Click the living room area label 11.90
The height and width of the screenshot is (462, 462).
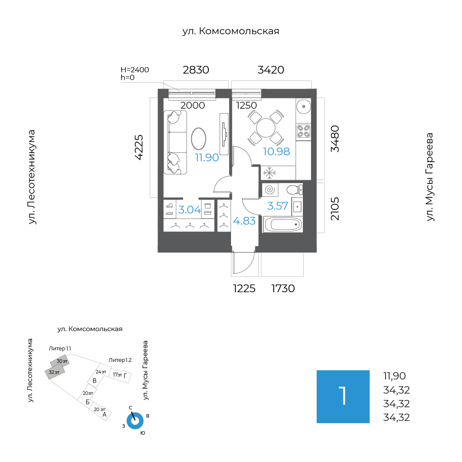click(207, 157)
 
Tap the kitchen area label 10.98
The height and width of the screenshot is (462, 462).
click(276, 151)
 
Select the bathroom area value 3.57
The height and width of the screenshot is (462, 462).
click(277, 206)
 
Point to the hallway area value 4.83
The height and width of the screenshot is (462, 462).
click(244, 221)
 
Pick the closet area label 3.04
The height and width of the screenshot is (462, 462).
click(190, 210)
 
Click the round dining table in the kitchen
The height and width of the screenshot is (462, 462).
click(266, 128)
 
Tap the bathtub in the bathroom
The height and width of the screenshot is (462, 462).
click(283, 225)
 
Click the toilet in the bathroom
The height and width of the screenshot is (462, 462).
click(294, 190)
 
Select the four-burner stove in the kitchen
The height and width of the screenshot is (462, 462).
click(303, 131)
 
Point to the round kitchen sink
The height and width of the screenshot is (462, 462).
click(303, 107)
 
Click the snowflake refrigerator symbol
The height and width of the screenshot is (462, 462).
click(269, 173)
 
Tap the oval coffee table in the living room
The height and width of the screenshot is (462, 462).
click(198, 139)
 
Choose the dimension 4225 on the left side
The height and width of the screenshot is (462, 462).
click(139, 147)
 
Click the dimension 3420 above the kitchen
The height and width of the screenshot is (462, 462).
click(271, 70)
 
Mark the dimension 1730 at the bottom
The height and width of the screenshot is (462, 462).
click(283, 288)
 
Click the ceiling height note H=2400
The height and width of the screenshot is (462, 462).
click(135, 70)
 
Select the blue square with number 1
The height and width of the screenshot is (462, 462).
click(343, 397)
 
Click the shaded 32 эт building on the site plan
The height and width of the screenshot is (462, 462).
click(54, 373)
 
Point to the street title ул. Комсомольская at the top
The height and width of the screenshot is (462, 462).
click(231, 31)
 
